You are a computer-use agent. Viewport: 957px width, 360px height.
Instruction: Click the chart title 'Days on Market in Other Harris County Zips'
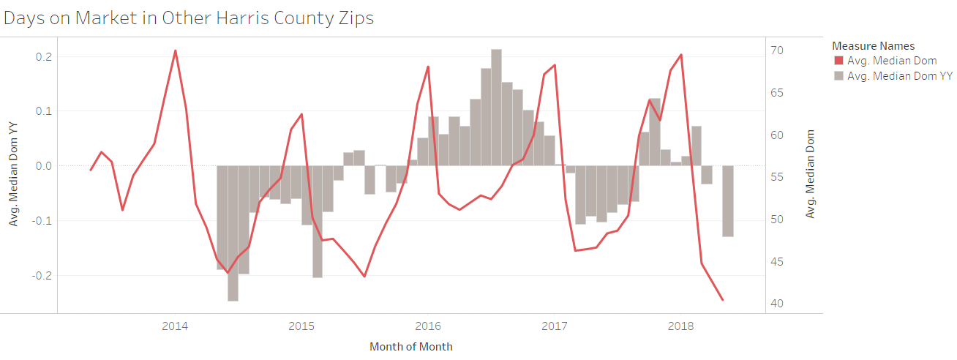(189, 18)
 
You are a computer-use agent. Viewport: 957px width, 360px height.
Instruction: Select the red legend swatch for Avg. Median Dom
(838, 61)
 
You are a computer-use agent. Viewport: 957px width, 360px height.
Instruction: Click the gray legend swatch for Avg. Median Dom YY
(838, 75)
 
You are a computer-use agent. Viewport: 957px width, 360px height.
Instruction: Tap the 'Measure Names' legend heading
(873, 46)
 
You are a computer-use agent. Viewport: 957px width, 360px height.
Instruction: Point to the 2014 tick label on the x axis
(175, 326)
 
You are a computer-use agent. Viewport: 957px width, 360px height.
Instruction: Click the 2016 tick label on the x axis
(428, 326)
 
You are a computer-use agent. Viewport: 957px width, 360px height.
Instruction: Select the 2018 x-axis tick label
(681, 326)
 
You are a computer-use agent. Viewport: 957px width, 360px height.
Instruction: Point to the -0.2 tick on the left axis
(42, 276)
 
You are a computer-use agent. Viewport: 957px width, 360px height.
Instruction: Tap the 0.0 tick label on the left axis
(43, 166)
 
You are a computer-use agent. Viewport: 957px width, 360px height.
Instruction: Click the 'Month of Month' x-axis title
(410, 347)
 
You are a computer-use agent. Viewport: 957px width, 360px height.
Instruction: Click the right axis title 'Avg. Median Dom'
(810, 174)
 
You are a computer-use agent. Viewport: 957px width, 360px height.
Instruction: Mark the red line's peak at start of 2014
(176, 50)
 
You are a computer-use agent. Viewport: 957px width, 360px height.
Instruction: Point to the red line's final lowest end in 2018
(723, 300)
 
